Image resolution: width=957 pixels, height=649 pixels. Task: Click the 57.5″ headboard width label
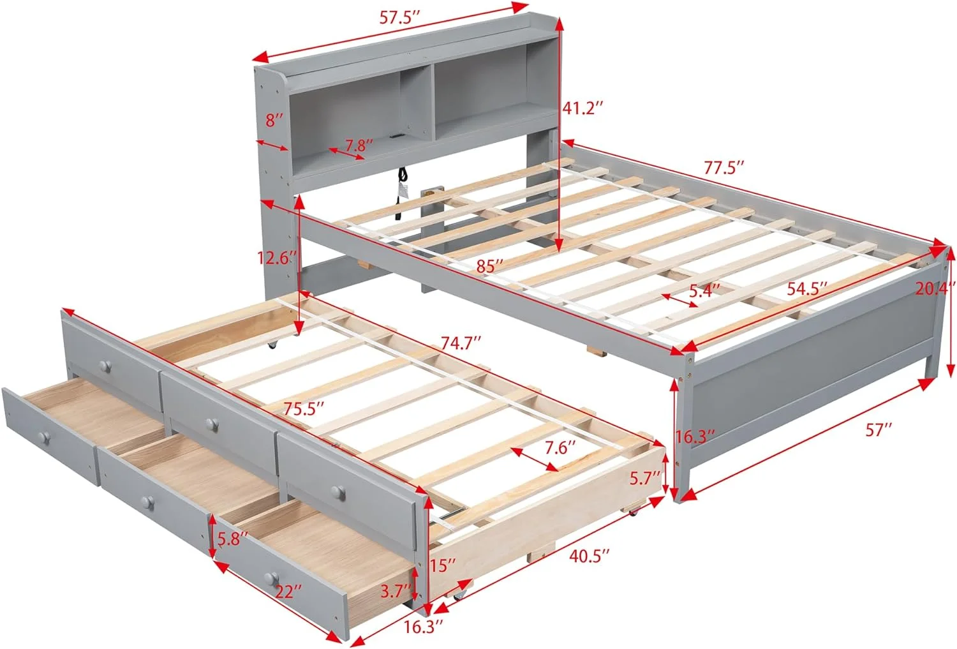[400, 17]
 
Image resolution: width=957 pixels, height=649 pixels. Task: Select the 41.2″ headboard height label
[582, 108]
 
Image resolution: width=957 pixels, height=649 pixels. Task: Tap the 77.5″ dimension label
[724, 168]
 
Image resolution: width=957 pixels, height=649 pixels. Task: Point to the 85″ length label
[490, 265]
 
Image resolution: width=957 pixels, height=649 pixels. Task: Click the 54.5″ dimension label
[807, 288]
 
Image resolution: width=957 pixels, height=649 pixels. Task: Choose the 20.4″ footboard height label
[935, 288]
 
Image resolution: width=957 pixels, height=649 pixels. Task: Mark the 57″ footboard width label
[879, 430]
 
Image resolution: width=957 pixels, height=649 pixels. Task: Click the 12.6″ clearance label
[277, 258]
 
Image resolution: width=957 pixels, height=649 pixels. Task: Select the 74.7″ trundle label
[461, 343]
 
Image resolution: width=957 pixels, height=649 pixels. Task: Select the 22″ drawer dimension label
[288, 592]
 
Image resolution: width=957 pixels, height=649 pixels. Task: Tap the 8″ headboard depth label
[274, 119]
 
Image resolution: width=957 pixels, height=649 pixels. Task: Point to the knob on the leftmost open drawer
[43, 437]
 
